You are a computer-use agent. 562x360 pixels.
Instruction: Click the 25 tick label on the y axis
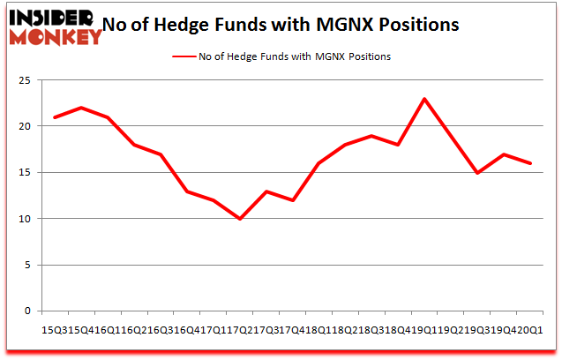click(x=26, y=80)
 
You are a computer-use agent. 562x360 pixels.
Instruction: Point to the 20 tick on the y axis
click(x=26, y=126)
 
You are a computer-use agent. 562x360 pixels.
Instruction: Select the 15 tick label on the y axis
click(x=26, y=172)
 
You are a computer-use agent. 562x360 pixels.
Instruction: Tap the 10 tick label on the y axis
click(x=26, y=219)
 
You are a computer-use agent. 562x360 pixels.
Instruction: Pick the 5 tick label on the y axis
click(x=30, y=265)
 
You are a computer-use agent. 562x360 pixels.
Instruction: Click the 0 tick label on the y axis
click(x=30, y=311)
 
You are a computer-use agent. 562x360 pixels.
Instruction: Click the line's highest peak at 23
click(x=424, y=99)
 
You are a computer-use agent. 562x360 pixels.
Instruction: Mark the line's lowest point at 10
click(x=240, y=219)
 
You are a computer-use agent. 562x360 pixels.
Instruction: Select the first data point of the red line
click(x=55, y=117)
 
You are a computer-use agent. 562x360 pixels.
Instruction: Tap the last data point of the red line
click(x=530, y=163)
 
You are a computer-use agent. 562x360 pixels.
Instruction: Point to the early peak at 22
click(x=81, y=108)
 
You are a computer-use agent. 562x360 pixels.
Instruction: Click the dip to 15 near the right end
click(x=477, y=173)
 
